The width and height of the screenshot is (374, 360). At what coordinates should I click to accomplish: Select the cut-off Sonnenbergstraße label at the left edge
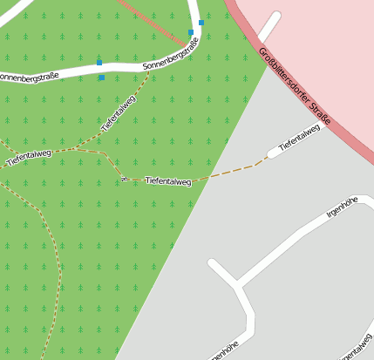(29, 77)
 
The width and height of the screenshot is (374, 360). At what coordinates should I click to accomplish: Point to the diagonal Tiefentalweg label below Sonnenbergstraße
(119, 113)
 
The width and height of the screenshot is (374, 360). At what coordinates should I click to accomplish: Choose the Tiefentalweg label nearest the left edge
(29, 156)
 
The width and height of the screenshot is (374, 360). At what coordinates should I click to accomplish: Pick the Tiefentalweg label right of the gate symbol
(168, 181)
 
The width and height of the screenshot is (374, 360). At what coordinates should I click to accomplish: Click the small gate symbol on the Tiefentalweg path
(126, 179)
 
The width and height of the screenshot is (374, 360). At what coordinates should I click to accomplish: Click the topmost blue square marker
(201, 23)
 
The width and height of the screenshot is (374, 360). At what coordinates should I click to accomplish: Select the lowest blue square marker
(101, 78)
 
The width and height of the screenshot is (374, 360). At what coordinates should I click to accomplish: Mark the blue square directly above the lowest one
(99, 63)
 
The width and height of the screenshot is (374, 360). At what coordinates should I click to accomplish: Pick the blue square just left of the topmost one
(191, 32)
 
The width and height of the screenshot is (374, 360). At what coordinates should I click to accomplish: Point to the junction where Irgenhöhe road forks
(235, 284)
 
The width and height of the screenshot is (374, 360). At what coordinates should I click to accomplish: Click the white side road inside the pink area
(269, 27)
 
